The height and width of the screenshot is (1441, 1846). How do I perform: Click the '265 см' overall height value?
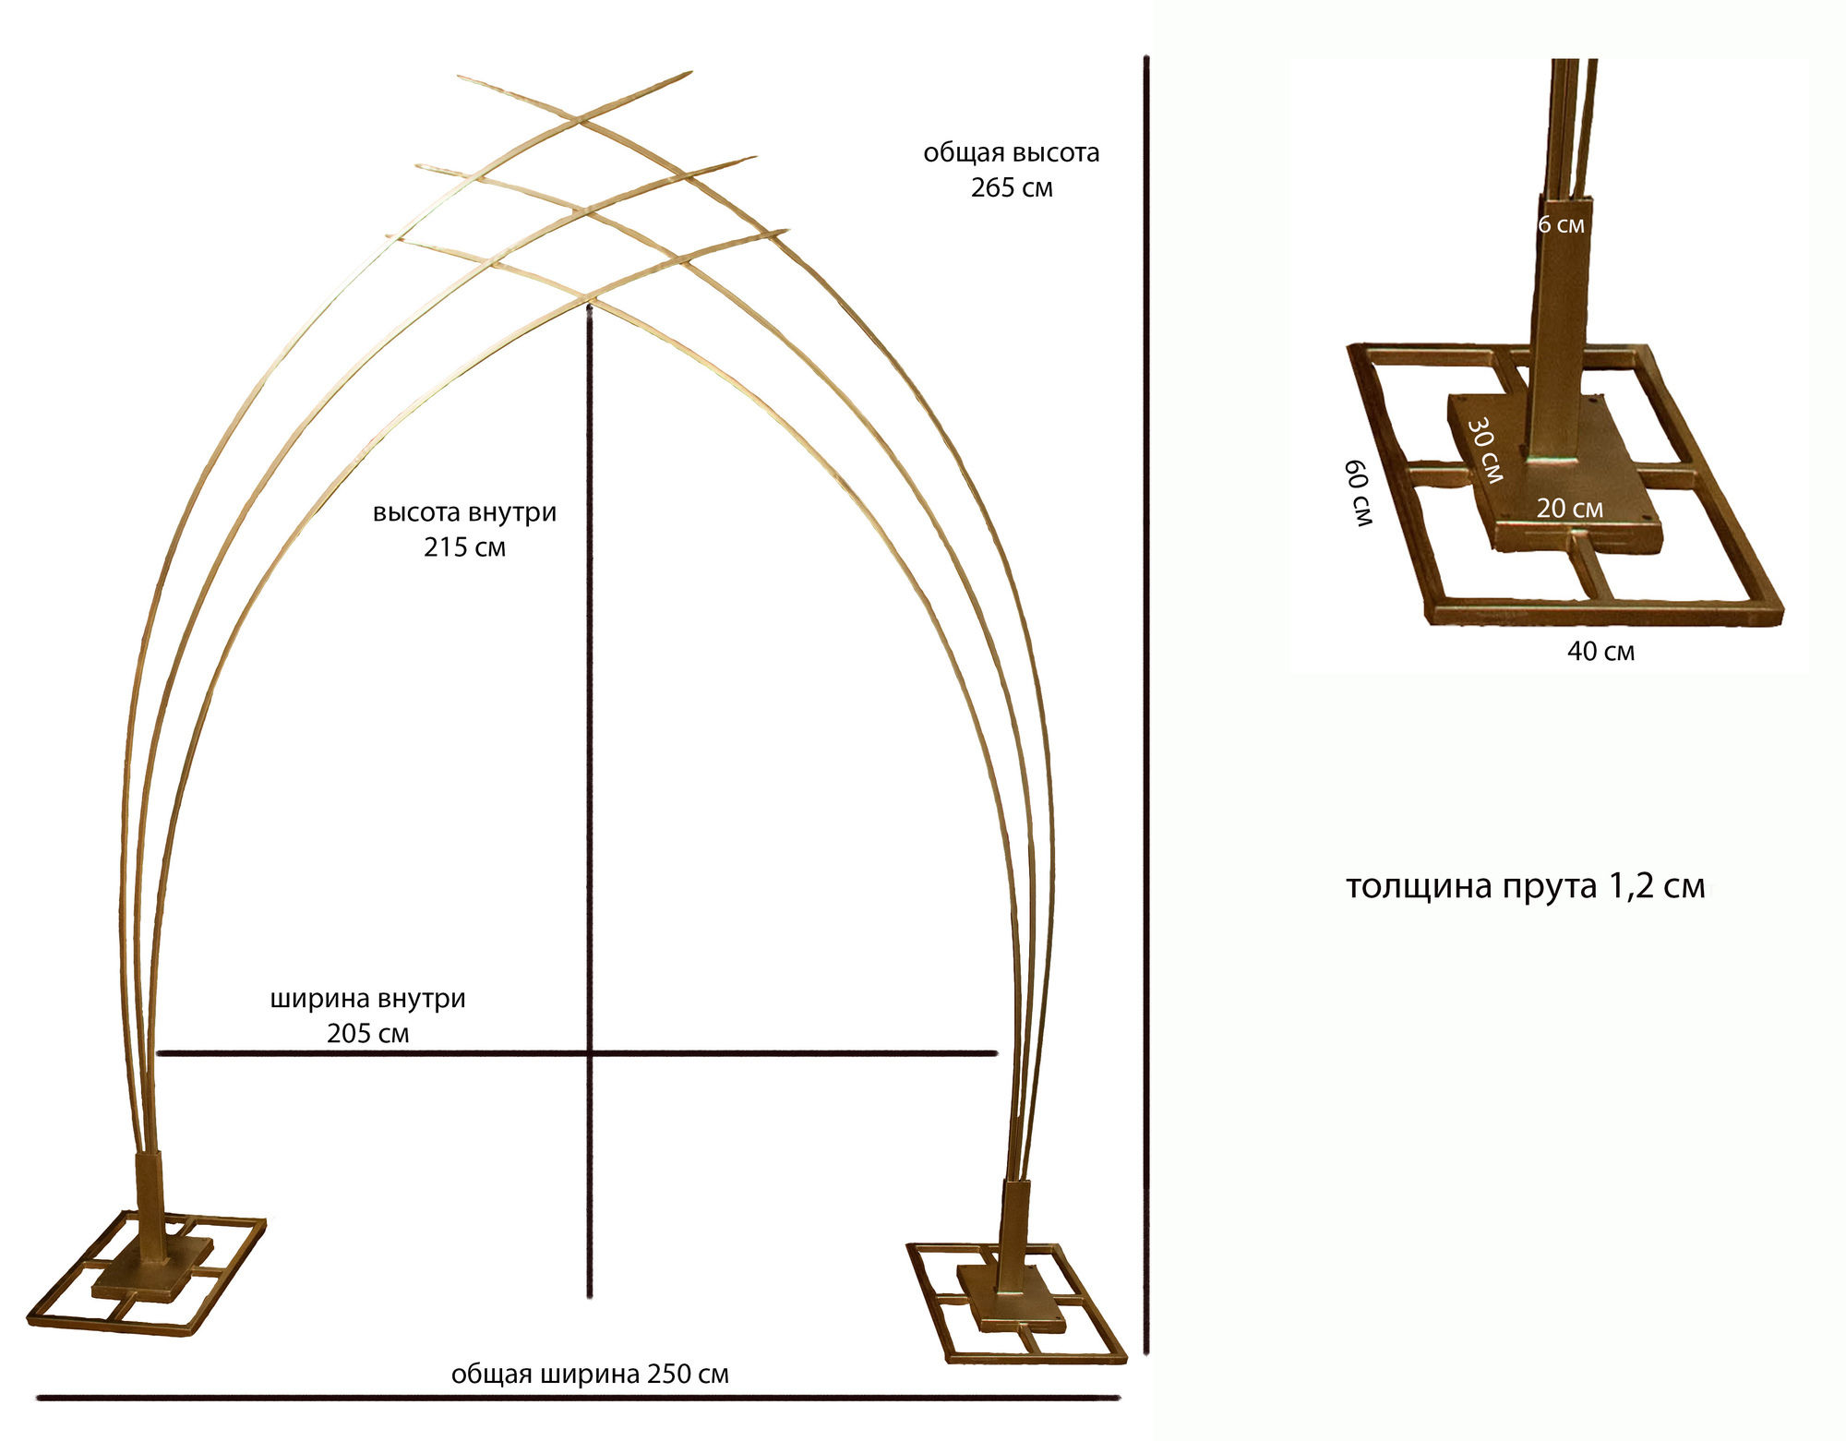(x=1012, y=187)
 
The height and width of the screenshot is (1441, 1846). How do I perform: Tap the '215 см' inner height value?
(x=465, y=547)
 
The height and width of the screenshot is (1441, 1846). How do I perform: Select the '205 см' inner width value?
(x=367, y=1033)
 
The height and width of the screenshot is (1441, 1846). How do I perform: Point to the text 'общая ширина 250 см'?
(x=590, y=1374)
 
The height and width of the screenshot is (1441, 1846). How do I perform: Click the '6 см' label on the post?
(x=1562, y=224)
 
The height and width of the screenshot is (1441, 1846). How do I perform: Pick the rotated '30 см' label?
(x=1485, y=450)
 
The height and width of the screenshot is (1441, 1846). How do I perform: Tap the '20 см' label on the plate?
(x=1570, y=509)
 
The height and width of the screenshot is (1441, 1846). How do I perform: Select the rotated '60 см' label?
(x=1360, y=493)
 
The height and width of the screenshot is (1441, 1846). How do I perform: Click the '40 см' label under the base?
(x=1600, y=652)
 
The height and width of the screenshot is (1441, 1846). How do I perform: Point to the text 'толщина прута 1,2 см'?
(x=1525, y=886)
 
